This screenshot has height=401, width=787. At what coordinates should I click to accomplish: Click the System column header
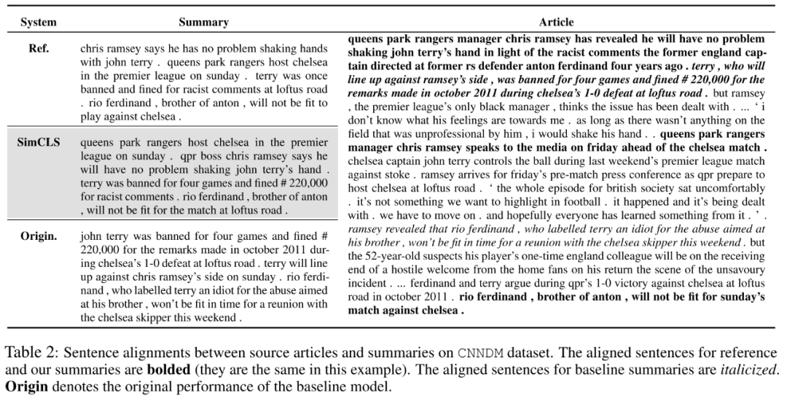[x=39, y=22]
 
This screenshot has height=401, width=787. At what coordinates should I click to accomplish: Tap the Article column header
[x=556, y=22]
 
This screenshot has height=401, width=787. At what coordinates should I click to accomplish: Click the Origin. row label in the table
[x=39, y=236]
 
